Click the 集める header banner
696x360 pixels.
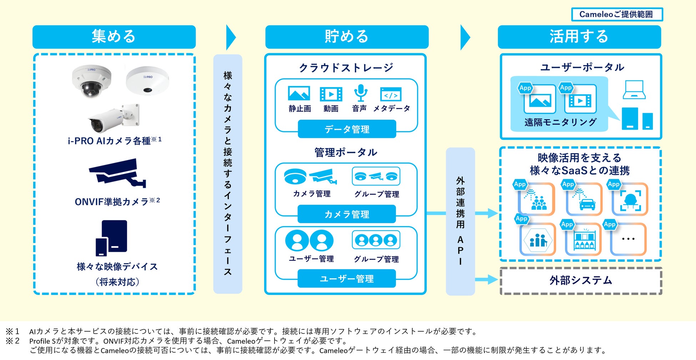coord(114,37)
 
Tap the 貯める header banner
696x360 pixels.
coord(347,37)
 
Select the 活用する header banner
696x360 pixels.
coord(579,37)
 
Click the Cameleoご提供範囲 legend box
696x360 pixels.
coord(617,14)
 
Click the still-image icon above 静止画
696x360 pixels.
coord(299,94)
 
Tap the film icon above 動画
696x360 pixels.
coord(331,94)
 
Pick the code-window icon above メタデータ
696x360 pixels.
coord(391,94)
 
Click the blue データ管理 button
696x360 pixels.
coord(347,129)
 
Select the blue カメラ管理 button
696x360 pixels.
coord(347,214)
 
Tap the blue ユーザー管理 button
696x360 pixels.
coord(347,279)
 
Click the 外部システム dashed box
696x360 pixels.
coord(581,281)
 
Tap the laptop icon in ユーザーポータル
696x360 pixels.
coord(634,90)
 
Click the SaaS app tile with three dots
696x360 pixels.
coord(628,239)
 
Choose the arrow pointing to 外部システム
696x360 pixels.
coord(486,279)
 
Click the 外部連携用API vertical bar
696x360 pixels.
coord(460,221)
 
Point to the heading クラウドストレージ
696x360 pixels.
coord(346,67)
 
